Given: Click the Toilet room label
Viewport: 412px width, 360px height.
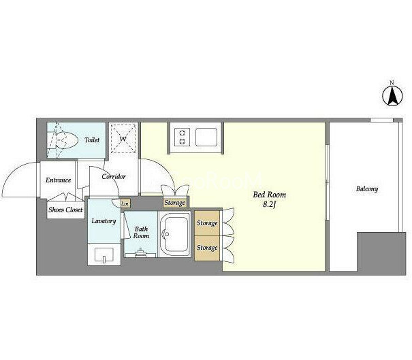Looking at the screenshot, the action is (92, 140).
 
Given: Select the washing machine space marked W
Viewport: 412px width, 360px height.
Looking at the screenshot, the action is (123, 138).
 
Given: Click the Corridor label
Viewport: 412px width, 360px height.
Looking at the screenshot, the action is (114, 177).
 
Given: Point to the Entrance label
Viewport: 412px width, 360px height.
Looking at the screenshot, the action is (58, 180).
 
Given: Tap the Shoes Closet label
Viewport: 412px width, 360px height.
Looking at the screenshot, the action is (65, 210).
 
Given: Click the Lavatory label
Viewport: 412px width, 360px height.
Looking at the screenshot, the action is (104, 221).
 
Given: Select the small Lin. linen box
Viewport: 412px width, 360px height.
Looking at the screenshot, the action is (125, 203).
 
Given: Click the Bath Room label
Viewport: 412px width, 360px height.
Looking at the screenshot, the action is (141, 232).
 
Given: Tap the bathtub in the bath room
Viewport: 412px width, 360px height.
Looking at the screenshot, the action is (175, 235).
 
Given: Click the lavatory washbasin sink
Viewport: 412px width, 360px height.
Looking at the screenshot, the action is (104, 255).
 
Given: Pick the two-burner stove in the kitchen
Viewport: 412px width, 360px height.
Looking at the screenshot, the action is (182, 137).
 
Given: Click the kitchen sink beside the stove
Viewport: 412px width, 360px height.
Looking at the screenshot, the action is (206, 137).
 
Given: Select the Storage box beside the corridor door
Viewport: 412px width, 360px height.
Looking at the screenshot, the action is (175, 203).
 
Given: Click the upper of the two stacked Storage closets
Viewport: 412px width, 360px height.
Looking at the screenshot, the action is (207, 223).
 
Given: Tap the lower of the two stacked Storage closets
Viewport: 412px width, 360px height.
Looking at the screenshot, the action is (207, 248).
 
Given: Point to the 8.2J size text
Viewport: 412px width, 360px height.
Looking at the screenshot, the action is (269, 205).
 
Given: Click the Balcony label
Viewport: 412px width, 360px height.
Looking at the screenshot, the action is (367, 189).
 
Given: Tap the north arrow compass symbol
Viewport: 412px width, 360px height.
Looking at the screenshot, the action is (392, 96).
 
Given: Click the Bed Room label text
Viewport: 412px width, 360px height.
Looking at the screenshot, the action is (269, 195).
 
